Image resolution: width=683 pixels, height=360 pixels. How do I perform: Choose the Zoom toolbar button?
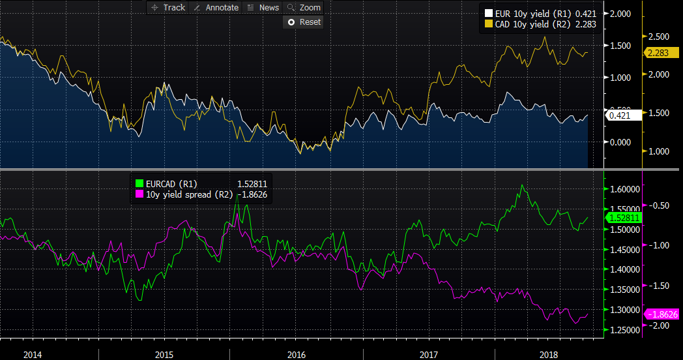(x=304, y=8)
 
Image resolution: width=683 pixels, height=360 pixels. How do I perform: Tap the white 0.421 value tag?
(x=619, y=115)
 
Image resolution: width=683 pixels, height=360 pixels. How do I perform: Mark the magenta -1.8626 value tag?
(x=663, y=314)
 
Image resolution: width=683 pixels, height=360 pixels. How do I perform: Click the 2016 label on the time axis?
(x=297, y=355)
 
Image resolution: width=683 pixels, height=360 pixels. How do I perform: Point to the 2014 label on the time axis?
(x=33, y=355)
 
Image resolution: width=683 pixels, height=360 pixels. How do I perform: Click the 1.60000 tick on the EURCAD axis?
(x=626, y=189)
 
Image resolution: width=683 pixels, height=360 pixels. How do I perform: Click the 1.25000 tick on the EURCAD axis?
(x=626, y=330)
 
